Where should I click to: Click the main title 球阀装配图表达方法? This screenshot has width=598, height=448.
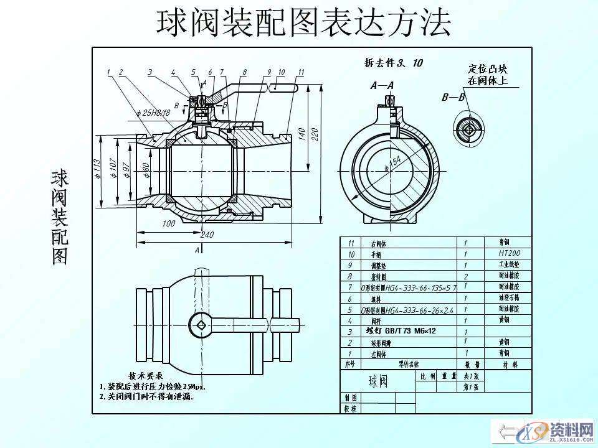pyautogui.click(x=303, y=23)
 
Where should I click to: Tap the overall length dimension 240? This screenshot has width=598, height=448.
pyautogui.click(x=207, y=235)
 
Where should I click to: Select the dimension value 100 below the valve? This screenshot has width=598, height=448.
pyautogui.click(x=168, y=223)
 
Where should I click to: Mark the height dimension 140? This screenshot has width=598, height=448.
pyautogui.click(x=301, y=134)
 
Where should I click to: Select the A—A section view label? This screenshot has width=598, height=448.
pyautogui.click(x=382, y=86)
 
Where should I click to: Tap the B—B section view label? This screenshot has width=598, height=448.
pyautogui.click(x=453, y=98)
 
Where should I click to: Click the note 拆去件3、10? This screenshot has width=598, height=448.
pyautogui.click(x=393, y=62)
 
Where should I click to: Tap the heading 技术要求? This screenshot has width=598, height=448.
pyautogui.click(x=145, y=376)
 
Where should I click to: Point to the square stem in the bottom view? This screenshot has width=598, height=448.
pyautogui.click(x=199, y=324)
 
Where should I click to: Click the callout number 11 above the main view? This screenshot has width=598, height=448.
pyautogui.click(x=301, y=72)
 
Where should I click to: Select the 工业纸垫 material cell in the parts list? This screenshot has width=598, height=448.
pyautogui.click(x=509, y=264)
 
